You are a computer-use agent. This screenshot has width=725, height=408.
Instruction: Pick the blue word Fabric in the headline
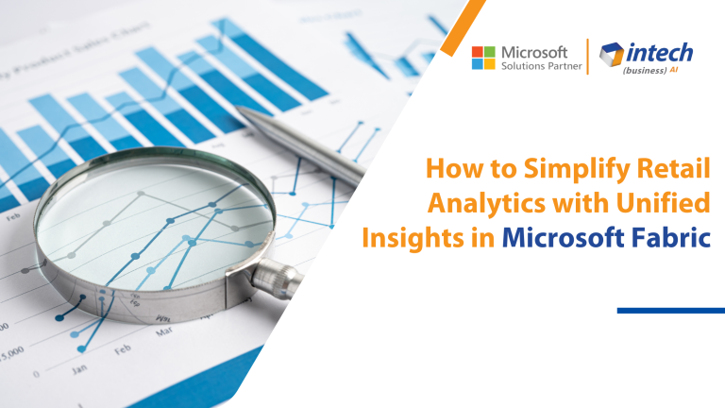670,235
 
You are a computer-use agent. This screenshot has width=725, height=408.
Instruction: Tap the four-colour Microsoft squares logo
483,57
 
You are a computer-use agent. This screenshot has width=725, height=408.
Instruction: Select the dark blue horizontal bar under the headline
670,310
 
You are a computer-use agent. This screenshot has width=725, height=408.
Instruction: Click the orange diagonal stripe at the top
467,24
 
